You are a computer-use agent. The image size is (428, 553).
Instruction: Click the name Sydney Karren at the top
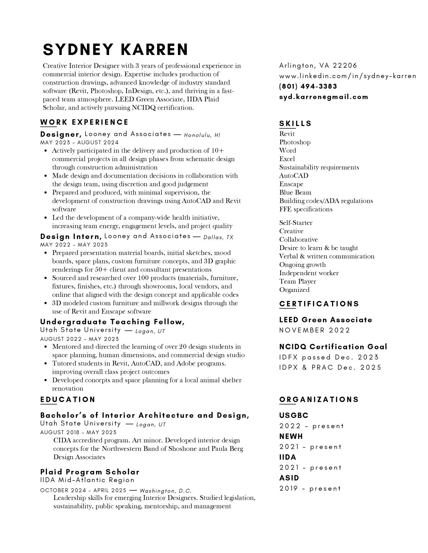click(x=115, y=49)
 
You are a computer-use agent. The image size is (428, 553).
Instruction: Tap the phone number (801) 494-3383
click(x=308, y=86)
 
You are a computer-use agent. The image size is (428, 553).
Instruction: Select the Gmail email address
click(x=324, y=97)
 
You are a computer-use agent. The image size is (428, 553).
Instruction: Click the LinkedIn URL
click(x=347, y=76)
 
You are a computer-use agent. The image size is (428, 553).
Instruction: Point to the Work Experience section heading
click(x=84, y=122)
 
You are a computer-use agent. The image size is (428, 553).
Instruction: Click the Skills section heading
click(x=295, y=124)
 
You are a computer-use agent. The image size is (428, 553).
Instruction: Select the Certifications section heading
click(x=319, y=304)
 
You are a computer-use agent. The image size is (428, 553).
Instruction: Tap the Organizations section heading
click(x=319, y=400)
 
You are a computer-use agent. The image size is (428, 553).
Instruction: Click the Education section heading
click(x=68, y=400)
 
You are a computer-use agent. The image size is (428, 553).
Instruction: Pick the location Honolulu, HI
click(x=202, y=135)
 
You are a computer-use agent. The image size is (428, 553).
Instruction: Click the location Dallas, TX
click(x=218, y=237)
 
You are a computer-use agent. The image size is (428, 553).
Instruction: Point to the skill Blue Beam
click(x=295, y=192)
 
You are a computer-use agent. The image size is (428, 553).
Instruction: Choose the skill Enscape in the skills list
click(x=291, y=184)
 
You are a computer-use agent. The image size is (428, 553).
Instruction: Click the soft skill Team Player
click(x=297, y=282)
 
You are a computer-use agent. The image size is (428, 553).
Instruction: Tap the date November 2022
click(x=315, y=330)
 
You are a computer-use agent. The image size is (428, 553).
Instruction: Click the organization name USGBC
click(x=294, y=416)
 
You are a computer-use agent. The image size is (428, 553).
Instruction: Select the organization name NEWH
click(x=291, y=436)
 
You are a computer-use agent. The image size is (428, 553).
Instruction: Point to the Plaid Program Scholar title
click(x=90, y=472)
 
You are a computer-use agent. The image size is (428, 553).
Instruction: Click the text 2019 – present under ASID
click(x=310, y=489)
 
